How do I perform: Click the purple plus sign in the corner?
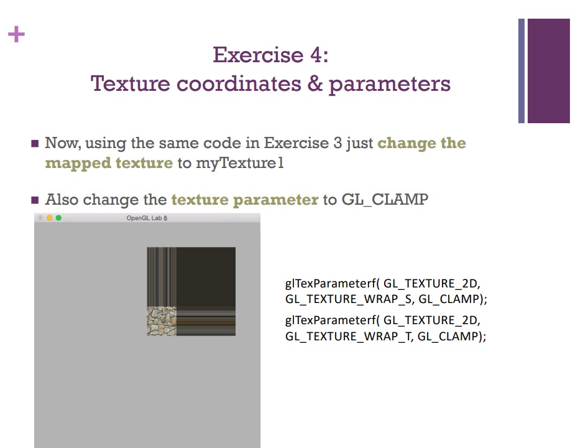16,34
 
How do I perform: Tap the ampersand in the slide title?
316,83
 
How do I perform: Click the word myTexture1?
240,163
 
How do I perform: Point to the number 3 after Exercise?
337,143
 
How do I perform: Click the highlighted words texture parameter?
245,200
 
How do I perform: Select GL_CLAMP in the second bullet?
385,200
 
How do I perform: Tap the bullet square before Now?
35,144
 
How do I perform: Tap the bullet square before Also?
35,200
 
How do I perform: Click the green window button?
58,218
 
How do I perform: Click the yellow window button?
50,218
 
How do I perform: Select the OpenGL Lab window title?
147,218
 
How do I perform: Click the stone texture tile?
162,321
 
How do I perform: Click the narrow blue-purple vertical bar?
521,70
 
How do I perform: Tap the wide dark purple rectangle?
549,70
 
